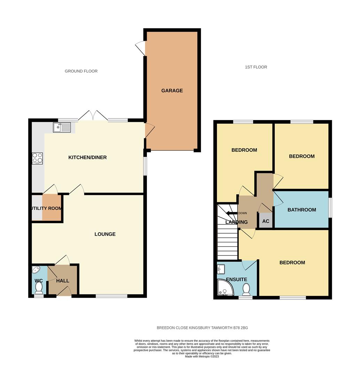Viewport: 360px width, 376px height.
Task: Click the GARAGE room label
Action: pyautogui.click(x=172, y=91)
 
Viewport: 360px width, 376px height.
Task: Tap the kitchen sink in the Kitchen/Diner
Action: pyautogui.click(x=62, y=127)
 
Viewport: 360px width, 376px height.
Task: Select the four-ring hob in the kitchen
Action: pyautogui.click(x=38, y=158)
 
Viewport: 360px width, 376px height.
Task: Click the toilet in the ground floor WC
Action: pyautogui.click(x=39, y=288)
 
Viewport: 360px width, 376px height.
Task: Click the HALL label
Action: pyautogui.click(x=63, y=281)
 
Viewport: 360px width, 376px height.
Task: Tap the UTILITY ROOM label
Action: pyautogui.click(x=46, y=209)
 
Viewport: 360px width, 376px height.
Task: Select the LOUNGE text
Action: pyautogui.click(x=105, y=234)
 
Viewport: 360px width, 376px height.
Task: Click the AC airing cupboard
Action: pyautogui.click(x=266, y=221)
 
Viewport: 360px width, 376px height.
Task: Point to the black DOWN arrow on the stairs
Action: pyautogui.click(x=231, y=213)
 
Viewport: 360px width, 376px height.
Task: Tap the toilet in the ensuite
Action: pyautogui.click(x=246, y=289)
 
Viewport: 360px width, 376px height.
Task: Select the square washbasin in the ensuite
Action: pyautogui.click(x=221, y=269)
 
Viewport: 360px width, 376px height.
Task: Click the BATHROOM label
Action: pyautogui.click(x=302, y=210)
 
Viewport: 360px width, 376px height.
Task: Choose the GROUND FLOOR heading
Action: pyautogui.click(x=81, y=71)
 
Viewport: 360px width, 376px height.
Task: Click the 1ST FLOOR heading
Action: pyautogui.click(x=256, y=67)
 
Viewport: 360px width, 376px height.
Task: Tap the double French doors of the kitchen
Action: pyautogui.click(x=93, y=116)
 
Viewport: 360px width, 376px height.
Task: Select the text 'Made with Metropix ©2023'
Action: pyautogui.click(x=202, y=357)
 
